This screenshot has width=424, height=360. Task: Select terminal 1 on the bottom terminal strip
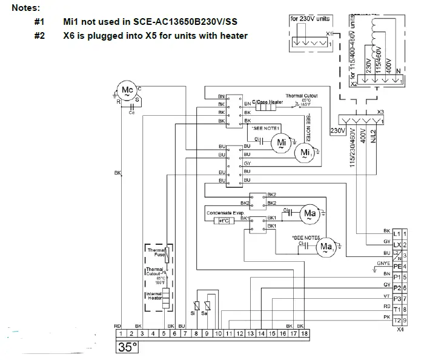pyautogui.click(x=121, y=334)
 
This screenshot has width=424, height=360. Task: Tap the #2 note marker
pyautogui.click(x=40, y=36)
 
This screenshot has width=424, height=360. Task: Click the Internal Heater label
pyautogui.click(x=153, y=296)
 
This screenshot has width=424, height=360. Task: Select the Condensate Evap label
pyautogui.click(x=225, y=213)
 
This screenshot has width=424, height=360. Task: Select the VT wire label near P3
pyautogui.click(x=386, y=297)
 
